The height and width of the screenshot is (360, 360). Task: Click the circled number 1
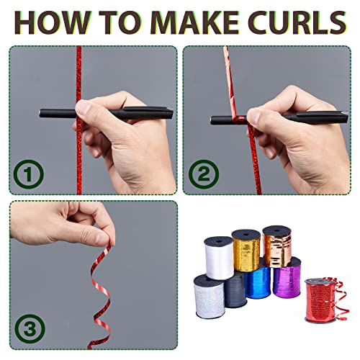(x=29, y=174)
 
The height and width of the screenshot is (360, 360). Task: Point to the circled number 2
(x=204, y=174)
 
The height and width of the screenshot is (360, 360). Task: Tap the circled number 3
(x=30, y=328)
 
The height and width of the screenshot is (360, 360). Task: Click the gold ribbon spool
(x=246, y=251)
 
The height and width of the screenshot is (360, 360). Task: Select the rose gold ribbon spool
(x=277, y=246)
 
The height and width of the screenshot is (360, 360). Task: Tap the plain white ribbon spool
(x=219, y=258)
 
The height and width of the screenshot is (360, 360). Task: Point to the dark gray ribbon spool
(x=235, y=290)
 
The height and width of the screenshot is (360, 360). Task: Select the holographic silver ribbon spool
(x=209, y=297)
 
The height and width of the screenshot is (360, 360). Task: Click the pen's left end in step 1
(x=40, y=113)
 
